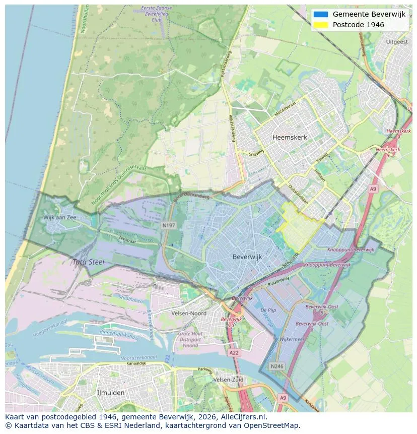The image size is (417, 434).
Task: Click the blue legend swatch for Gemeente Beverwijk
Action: coord(320,14)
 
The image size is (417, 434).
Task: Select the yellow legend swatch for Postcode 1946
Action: coord(320,25)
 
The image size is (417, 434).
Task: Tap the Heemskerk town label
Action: coord(289,137)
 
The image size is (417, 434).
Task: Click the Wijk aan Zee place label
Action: coord(60,217)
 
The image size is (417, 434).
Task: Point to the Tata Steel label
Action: coord(89,262)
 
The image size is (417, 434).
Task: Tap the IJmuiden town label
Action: coord(111,392)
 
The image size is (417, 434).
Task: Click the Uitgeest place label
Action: coord(396,42)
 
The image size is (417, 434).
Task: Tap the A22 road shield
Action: coord(234,353)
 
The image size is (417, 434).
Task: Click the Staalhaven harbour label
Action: coord(127,299)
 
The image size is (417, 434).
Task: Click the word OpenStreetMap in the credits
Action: coord(272,425)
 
